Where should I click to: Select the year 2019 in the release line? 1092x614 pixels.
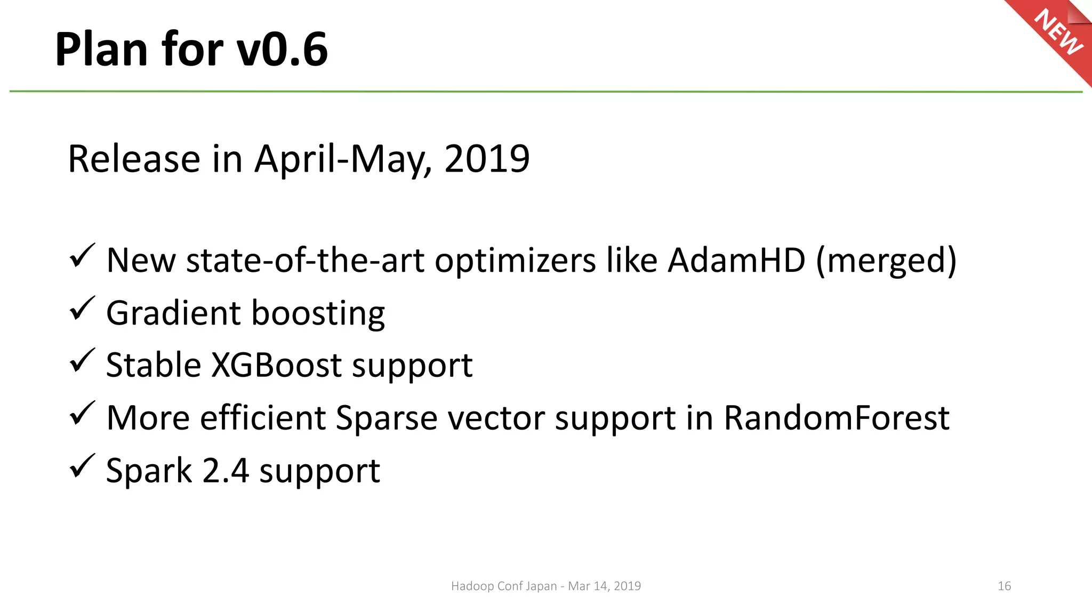pos(486,159)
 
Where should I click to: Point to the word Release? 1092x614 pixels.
pos(134,159)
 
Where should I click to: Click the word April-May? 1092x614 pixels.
pos(341,159)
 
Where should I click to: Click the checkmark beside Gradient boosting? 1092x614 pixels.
pos(82,309)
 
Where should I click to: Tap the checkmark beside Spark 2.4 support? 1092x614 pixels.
pos(82,466)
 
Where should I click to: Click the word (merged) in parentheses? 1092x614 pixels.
pos(886,261)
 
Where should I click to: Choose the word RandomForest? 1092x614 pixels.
pos(836,417)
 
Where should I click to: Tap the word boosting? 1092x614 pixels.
pos(318,313)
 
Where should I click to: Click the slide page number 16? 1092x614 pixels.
pos(1004,586)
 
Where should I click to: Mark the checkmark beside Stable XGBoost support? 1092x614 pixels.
pos(82,361)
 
